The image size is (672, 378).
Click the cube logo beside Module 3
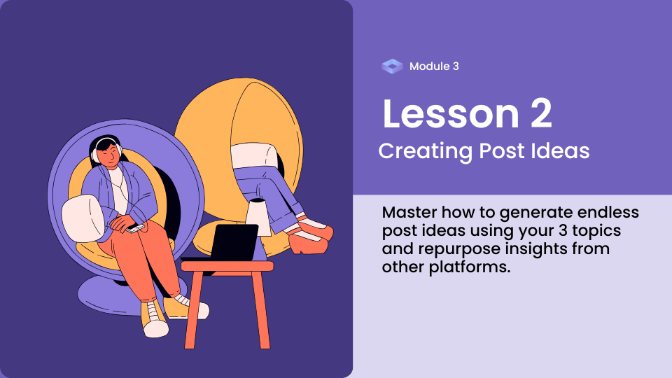392,66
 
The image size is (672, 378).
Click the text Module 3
434,66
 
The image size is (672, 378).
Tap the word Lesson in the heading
451,113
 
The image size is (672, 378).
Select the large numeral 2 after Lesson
541,113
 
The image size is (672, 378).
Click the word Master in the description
409,212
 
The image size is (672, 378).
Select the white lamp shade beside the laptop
258,217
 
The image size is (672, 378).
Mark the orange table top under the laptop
227,266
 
